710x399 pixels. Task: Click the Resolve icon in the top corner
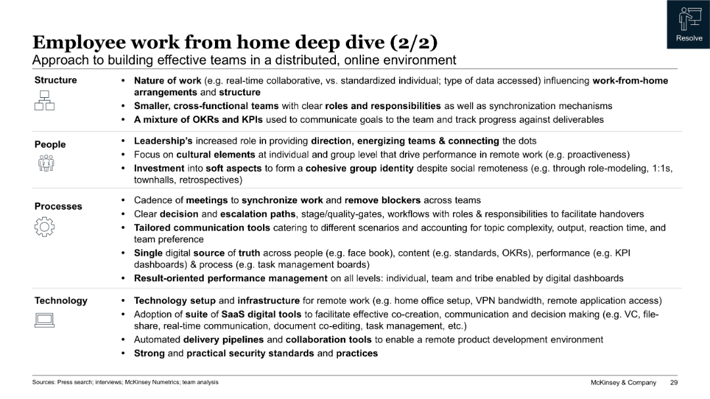pos(688,20)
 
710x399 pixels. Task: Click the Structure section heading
pos(56,80)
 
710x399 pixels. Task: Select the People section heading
pos(50,145)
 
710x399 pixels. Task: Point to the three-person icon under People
pos(45,163)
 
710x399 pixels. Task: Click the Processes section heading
pos(59,206)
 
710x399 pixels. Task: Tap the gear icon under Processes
pos(44,227)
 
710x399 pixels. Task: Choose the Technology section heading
pos(61,300)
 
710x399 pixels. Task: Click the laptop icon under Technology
pos(44,320)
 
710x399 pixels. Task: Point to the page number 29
pos(674,383)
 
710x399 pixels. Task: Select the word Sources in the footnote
pos(44,382)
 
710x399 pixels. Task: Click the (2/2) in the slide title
pos(414,43)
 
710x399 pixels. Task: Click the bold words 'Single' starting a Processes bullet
pos(147,252)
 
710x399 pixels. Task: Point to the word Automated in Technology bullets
pos(157,340)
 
